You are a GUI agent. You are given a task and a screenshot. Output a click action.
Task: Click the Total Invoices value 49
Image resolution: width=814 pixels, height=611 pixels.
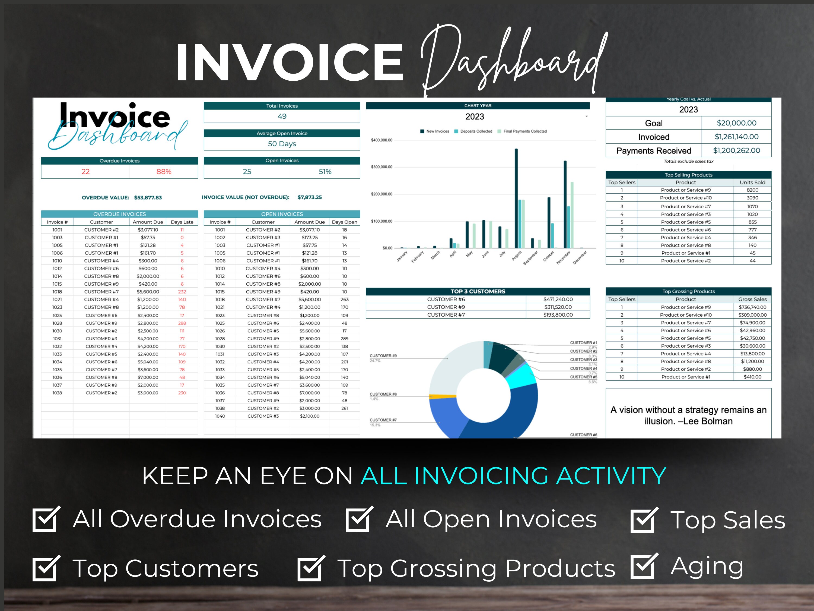(282, 116)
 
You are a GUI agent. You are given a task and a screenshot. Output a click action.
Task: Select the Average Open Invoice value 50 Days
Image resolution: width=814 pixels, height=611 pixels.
(282, 144)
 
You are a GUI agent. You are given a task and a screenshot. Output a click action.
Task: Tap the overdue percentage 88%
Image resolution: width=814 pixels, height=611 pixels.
(164, 172)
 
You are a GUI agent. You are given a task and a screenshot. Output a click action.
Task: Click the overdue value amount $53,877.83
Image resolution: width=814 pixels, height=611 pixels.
(148, 198)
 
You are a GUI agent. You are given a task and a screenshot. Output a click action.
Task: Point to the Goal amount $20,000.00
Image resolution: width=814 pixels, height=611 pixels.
(736, 123)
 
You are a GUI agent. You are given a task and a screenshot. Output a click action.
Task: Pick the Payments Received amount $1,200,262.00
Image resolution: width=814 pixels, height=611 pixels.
(736, 151)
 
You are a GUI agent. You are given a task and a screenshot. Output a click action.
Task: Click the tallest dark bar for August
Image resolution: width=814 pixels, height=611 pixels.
(516, 199)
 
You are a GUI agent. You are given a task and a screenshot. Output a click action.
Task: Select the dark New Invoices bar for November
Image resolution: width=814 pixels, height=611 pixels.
(565, 204)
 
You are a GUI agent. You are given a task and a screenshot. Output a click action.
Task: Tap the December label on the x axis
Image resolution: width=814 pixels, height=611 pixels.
(580, 257)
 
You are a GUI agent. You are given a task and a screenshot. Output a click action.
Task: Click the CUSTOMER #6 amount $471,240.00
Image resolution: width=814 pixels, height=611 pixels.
(558, 300)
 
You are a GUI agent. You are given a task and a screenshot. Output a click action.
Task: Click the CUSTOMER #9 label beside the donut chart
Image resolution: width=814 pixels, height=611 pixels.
(383, 356)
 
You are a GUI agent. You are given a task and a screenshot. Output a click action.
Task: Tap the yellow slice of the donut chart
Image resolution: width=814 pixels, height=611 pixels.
(438, 397)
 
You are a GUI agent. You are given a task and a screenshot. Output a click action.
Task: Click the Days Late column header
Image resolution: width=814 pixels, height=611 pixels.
(182, 222)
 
